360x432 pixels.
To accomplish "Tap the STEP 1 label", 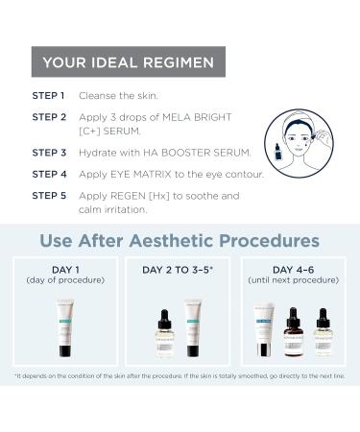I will pos(49,96).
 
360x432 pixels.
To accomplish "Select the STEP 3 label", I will pos(49,152).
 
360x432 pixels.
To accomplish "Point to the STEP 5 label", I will pos(49,195).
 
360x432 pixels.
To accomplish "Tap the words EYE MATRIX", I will pos(140,174).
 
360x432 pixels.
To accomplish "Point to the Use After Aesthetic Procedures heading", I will pos(180,238).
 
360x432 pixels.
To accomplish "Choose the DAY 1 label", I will pos(66,269).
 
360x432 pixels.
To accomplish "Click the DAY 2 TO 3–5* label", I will pos(180,270).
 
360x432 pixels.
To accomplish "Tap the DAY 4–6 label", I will pos(293,269).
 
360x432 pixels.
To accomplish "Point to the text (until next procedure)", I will pos(293,280).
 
